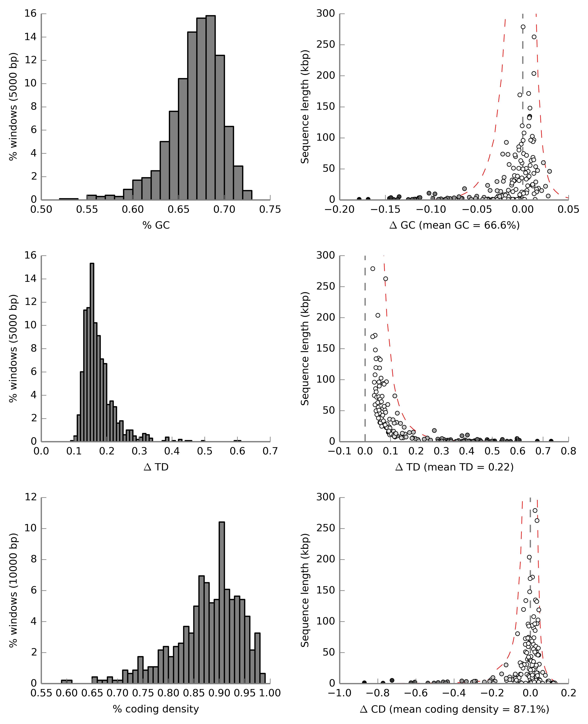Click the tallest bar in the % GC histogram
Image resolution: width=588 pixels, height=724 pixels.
pyautogui.click(x=210, y=107)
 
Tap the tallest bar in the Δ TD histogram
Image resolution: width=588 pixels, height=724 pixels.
pyautogui.click(x=92, y=352)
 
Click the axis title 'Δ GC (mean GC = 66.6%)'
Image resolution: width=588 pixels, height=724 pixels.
pyautogui.click(x=455, y=225)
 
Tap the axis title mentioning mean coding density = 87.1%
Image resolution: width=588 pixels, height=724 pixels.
pyautogui.click(x=455, y=709)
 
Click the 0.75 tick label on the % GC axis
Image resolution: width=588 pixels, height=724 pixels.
pyautogui.click(x=270, y=210)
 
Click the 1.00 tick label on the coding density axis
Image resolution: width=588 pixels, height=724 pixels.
pyautogui.click(x=270, y=693)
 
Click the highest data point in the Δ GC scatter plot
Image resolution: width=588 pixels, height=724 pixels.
pyautogui.click(x=523, y=27)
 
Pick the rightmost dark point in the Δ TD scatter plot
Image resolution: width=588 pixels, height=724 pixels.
pyautogui.click(x=551, y=441)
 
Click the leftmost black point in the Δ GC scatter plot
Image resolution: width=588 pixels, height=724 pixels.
pyautogui.click(x=359, y=199)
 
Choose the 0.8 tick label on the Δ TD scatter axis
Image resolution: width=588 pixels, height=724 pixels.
pyautogui.click(x=568, y=451)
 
